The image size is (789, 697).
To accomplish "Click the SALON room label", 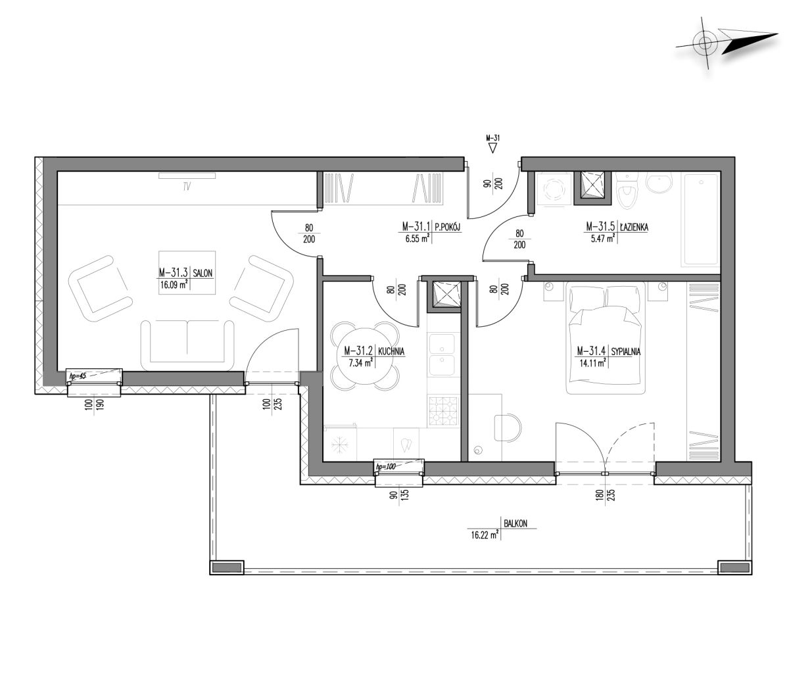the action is click(x=203, y=273).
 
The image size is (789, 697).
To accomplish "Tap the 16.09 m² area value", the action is click(x=174, y=285).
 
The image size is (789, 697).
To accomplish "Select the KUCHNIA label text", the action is click(x=391, y=351).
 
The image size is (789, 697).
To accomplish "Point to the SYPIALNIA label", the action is click(x=625, y=351).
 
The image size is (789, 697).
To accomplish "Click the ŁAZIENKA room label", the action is click(x=634, y=227).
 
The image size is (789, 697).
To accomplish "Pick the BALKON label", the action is click(x=515, y=524).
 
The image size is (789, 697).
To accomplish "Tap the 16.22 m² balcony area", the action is click(x=485, y=535).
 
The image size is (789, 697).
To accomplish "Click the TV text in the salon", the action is click(x=187, y=187).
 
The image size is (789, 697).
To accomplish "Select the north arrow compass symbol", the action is click(x=727, y=43).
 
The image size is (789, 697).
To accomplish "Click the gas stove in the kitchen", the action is click(x=444, y=411).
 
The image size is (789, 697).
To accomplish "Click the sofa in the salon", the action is click(x=187, y=345).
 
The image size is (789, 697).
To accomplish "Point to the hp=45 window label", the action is click(x=78, y=376).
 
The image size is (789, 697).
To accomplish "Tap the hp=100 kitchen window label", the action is click(x=385, y=466).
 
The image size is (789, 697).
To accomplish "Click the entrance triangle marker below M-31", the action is click(x=492, y=148).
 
